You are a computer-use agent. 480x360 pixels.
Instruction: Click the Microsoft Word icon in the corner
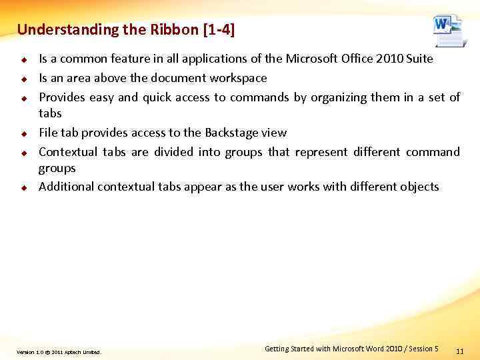pos(448,31)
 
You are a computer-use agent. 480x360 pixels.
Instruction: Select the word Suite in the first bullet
pos(418,59)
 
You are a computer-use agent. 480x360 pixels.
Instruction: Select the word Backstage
pos(232,133)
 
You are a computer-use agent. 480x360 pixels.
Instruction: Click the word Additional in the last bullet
pos(66,187)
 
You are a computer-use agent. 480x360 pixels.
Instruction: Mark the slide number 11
pos(459,351)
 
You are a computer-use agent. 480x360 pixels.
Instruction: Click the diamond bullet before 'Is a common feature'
pos(23,59)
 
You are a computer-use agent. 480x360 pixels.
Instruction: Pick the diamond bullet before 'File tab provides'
pos(23,133)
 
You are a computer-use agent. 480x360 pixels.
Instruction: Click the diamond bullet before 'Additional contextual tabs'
pos(23,187)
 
